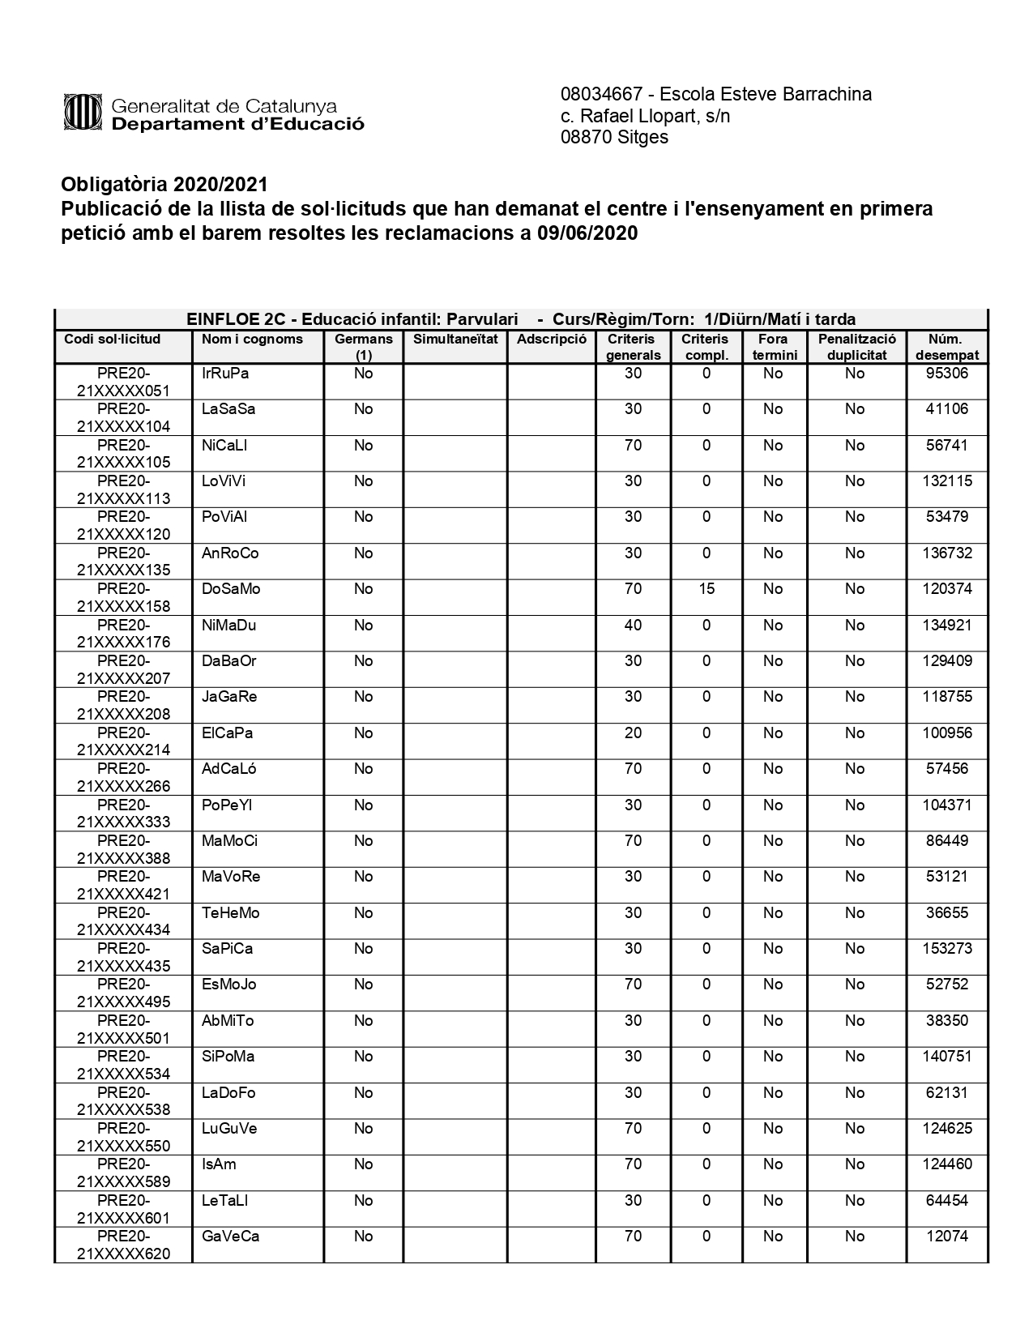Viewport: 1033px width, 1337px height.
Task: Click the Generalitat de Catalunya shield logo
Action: [x=83, y=112]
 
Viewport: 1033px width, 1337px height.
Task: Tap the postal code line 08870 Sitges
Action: [x=614, y=137]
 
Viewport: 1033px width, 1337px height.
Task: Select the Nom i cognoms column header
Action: [x=252, y=340]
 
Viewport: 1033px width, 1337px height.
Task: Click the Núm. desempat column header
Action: [x=946, y=347]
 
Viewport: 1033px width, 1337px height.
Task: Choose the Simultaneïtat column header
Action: [x=455, y=340]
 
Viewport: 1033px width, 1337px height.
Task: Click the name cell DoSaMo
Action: [x=231, y=589]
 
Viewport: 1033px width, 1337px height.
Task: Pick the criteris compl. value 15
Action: [x=706, y=589]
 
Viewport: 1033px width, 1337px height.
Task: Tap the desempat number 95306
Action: [x=946, y=374]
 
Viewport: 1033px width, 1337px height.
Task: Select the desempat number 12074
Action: [x=946, y=1237]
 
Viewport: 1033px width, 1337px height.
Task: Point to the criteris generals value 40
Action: [x=633, y=626]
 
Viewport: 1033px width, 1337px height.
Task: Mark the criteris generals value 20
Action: [x=633, y=733]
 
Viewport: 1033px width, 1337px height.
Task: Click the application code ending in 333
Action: [x=123, y=814]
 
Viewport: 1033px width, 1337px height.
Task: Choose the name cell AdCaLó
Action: [x=228, y=769]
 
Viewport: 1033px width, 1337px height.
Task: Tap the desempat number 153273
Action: [x=946, y=949]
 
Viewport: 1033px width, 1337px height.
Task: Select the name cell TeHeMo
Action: [x=230, y=913]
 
